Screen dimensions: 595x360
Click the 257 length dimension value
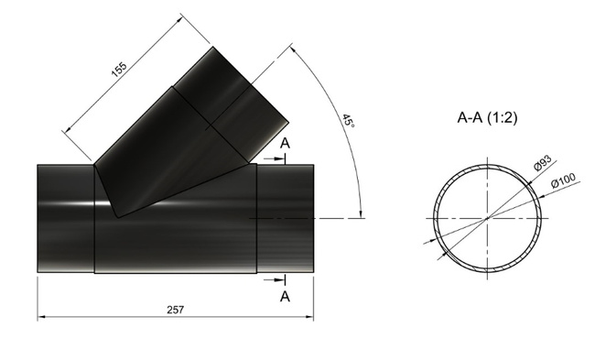[175, 310]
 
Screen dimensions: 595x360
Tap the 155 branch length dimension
[119, 69]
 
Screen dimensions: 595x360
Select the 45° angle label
[348, 121]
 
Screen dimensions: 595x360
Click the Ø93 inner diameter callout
[542, 162]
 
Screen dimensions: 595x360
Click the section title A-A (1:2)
[487, 118]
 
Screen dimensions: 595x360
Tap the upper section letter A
[285, 144]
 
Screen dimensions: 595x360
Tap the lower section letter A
[285, 296]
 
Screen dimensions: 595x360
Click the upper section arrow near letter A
[274, 158]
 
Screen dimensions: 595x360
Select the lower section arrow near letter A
[274, 280]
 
